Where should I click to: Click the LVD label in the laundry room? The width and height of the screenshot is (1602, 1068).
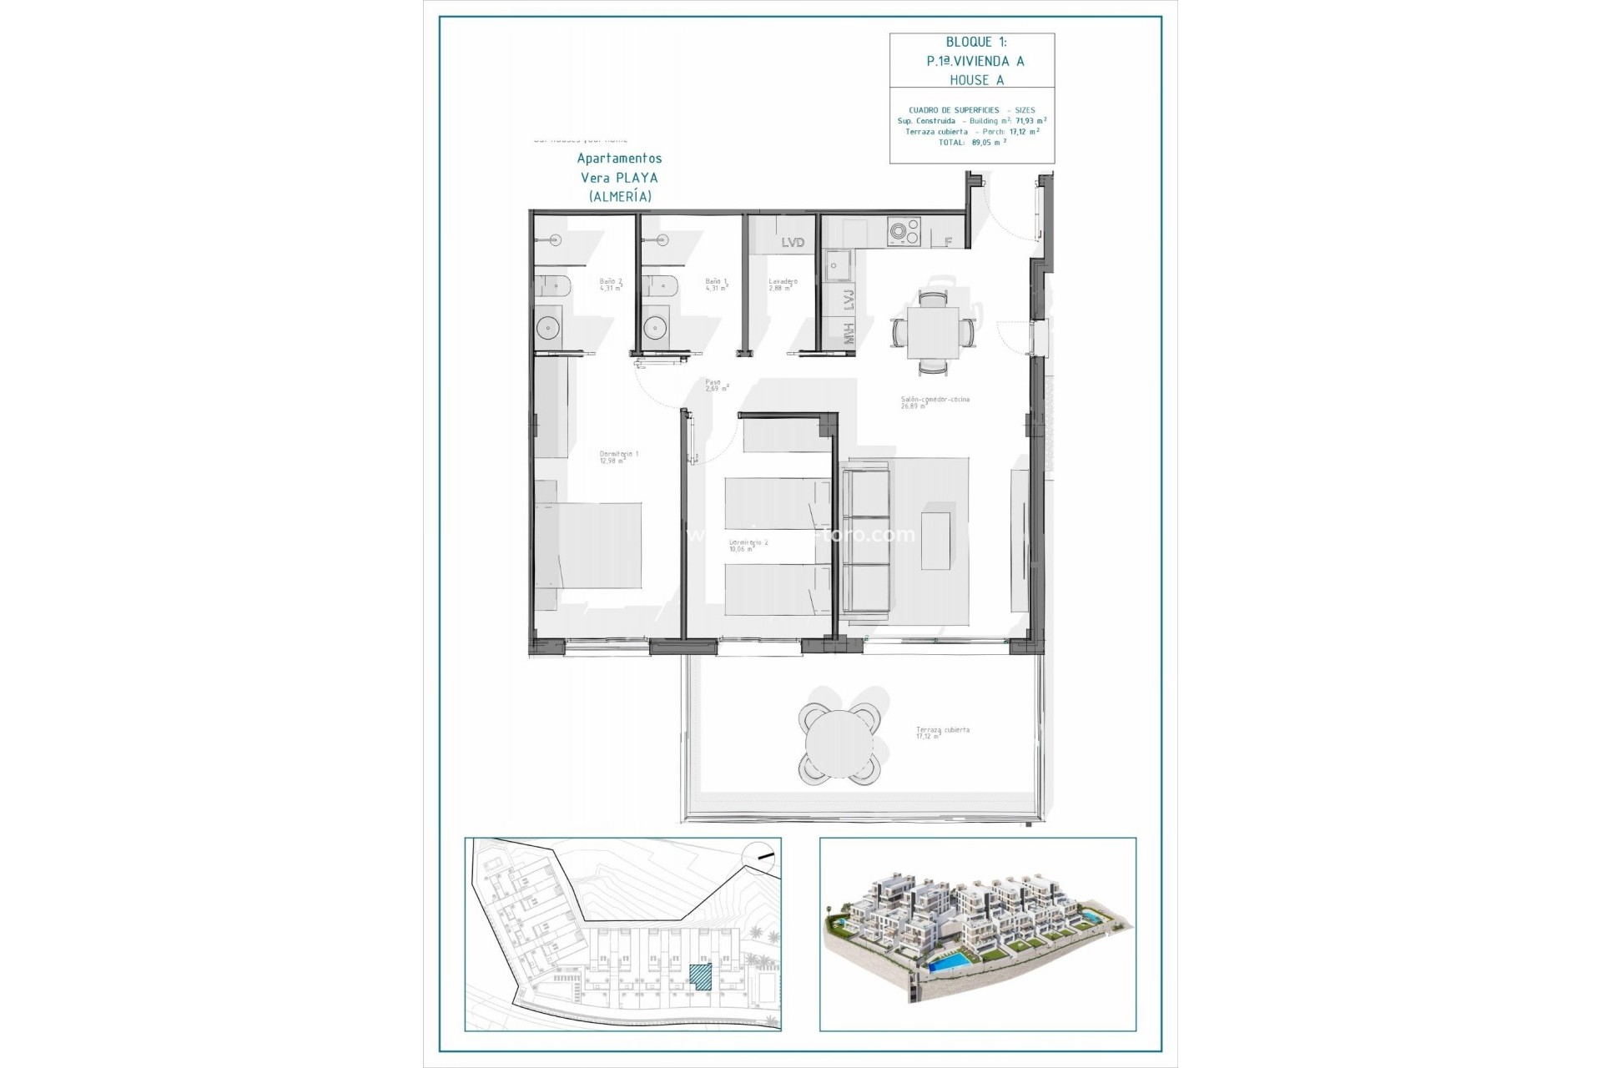(x=793, y=242)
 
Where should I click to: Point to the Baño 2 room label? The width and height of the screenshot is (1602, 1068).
(x=611, y=285)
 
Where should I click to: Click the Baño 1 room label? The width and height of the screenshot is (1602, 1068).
(x=716, y=285)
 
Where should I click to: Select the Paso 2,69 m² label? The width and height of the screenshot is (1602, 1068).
(x=717, y=385)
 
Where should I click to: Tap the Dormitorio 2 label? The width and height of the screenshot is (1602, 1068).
(x=748, y=545)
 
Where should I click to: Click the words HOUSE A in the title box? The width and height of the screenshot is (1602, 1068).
(x=976, y=80)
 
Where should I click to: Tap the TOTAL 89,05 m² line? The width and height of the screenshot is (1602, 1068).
(x=973, y=142)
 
